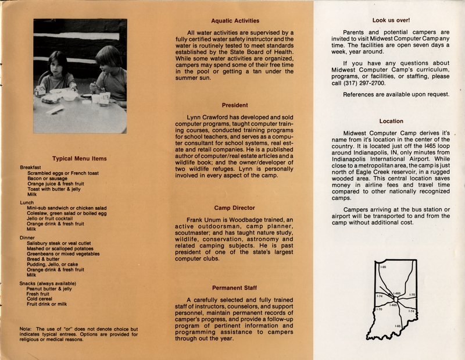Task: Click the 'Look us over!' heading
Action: pyautogui.click(x=391, y=20)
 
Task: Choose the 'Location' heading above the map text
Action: pyautogui.click(x=391, y=121)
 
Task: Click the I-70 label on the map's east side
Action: pyautogui.click(x=412, y=295)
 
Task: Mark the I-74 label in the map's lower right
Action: pyautogui.click(x=411, y=312)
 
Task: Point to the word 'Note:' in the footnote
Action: pyautogui.click(x=26, y=329)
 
